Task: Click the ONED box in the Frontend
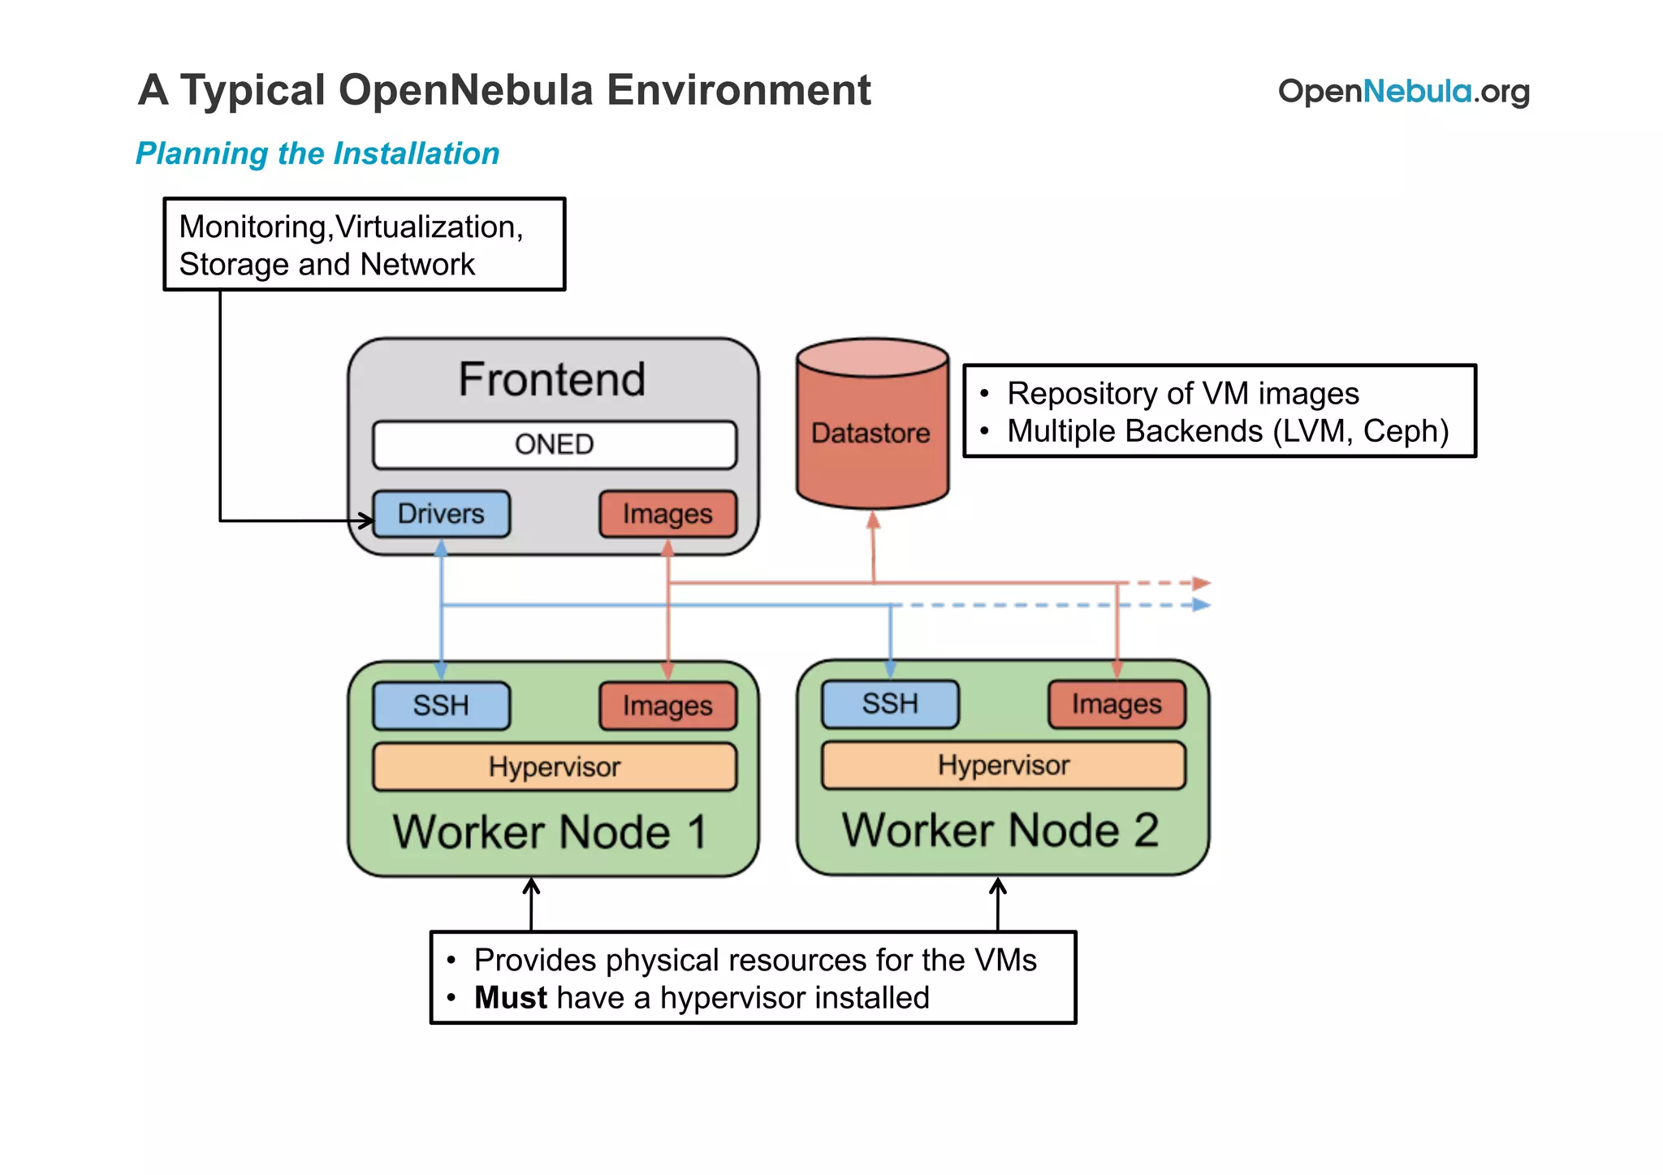coord(555,445)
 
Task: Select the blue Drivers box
coord(441,514)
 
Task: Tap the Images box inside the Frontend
coord(667,514)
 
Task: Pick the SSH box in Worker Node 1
coord(441,705)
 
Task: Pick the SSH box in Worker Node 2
coord(890,703)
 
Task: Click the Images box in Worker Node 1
coord(667,706)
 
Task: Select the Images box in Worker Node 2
coord(1117,704)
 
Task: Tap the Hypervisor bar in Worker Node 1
coord(555,767)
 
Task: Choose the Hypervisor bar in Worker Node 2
coord(1004,765)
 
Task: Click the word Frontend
coord(552,379)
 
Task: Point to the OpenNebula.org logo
coord(1403,92)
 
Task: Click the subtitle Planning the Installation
coord(317,153)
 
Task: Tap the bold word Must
coord(511,998)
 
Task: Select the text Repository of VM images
coord(1182,394)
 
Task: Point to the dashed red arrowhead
coord(1203,583)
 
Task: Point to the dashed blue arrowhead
coord(1203,605)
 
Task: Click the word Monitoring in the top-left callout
coord(253,227)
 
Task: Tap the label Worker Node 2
coord(1000,830)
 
